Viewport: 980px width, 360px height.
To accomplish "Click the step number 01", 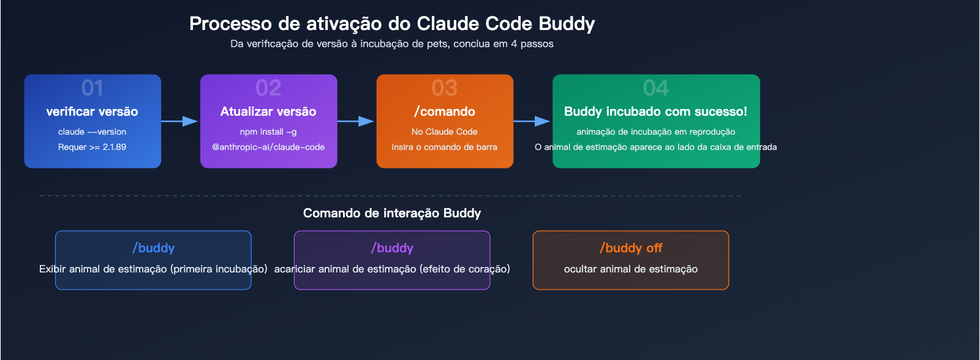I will pos(92,88).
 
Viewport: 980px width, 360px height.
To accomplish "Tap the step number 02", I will pos(268,88).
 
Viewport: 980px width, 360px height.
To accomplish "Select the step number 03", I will pos(445,88).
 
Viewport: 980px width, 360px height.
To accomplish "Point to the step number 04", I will pos(656,88).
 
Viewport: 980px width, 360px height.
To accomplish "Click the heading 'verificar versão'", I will pos(92,111).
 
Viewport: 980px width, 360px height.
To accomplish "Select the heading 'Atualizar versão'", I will pos(268,111).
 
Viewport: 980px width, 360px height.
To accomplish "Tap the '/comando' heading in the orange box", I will pos(445,111).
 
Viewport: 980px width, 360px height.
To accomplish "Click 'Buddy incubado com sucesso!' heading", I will pos(656,111).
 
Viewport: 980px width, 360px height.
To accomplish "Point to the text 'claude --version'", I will pos(92,132).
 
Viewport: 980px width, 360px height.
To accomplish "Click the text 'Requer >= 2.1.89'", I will pos(92,147).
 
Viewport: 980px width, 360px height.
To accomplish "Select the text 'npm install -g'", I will pos(268,132).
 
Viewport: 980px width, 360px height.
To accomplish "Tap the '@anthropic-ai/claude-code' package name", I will pos(268,147).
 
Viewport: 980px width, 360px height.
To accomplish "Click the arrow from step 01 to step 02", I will pos(180,121).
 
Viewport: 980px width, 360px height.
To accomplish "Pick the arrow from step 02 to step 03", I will pos(356,121).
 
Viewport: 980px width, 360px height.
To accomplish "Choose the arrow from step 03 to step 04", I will pos(532,121).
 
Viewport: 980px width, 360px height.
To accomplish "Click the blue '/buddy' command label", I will pos(154,248).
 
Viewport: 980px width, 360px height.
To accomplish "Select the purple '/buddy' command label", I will pos(393,248).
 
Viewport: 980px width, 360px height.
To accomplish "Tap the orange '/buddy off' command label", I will pos(631,248).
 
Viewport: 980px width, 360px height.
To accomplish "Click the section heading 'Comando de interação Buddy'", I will pos(392,213).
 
